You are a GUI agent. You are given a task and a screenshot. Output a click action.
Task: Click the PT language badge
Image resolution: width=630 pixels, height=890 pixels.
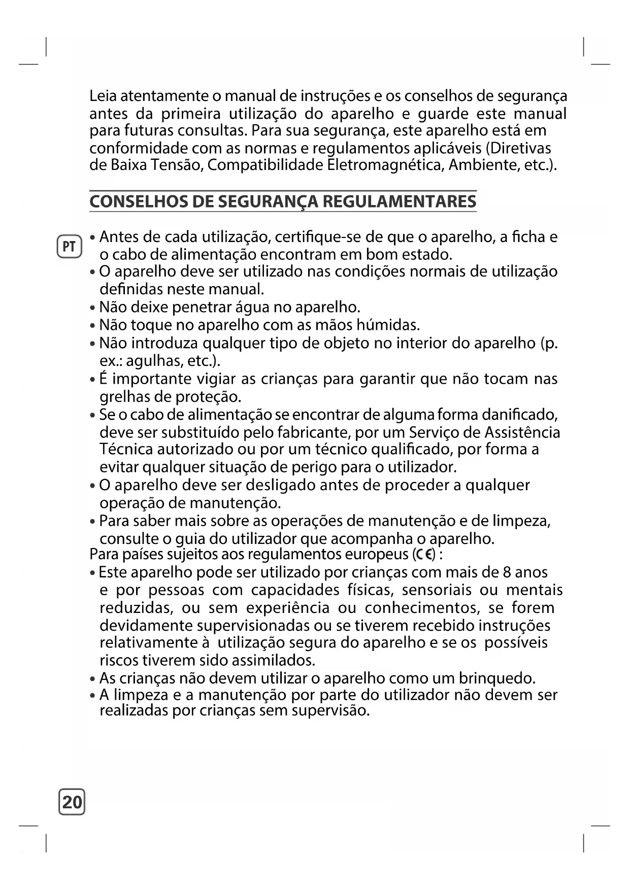69,247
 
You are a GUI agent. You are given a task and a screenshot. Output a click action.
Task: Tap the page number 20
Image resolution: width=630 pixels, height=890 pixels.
72,802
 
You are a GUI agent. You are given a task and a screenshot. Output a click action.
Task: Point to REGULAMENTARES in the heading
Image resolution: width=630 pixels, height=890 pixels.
400,201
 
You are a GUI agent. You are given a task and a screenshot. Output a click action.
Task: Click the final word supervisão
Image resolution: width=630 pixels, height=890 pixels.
330,710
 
